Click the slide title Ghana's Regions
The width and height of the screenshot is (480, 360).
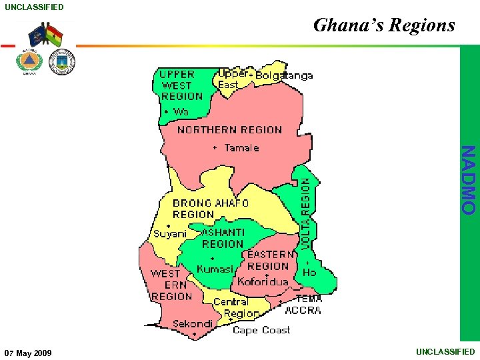coord(384,25)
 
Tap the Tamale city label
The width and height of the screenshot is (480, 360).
coord(241,148)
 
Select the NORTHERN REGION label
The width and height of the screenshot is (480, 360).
coord(229,130)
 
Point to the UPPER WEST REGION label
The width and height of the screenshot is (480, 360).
coord(181,85)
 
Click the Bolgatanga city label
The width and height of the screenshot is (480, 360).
coord(284,76)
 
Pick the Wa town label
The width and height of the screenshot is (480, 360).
coord(181,112)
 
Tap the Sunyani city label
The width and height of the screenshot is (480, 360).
coord(170,234)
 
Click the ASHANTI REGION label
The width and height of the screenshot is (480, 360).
coord(223,238)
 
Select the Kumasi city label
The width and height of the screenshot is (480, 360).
coord(215,269)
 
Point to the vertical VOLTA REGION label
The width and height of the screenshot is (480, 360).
coord(305,213)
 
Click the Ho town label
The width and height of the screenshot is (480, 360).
coord(309,273)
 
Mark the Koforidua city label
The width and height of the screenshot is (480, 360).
coord(263,281)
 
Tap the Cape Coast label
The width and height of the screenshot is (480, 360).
coord(261,330)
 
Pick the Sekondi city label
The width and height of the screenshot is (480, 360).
coord(193,324)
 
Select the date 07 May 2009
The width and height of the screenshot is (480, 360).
coord(28,352)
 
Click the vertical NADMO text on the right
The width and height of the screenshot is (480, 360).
coord(469,179)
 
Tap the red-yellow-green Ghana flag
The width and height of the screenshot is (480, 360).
coord(54,36)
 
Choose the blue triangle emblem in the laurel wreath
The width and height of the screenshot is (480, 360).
coord(29,61)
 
